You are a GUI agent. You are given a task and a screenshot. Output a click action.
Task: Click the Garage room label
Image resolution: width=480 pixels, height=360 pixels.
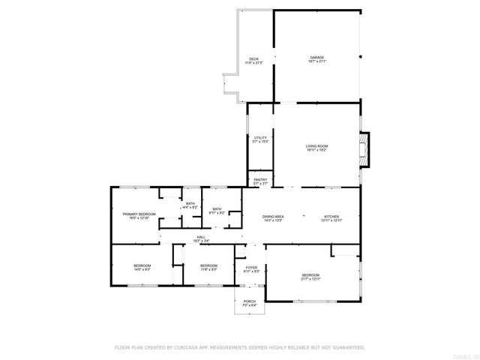(317, 57)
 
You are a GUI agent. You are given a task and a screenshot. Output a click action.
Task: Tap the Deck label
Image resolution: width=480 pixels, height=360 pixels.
(253, 59)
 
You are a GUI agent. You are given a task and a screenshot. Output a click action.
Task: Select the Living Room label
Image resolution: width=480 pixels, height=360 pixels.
(316, 145)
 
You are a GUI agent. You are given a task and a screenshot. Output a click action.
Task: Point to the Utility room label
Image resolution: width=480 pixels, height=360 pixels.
(260, 138)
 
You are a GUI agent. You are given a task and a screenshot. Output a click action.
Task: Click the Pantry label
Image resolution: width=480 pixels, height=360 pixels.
(260, 180)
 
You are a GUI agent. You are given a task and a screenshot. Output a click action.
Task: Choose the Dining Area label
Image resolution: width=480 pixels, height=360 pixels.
(272, 216)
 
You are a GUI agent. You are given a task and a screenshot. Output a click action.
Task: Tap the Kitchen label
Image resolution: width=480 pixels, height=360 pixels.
(331, 216)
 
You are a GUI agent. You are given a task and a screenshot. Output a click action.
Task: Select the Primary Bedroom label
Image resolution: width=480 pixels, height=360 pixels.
(139, 214)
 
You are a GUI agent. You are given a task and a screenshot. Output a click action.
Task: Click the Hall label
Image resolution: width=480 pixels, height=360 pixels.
(201, 237)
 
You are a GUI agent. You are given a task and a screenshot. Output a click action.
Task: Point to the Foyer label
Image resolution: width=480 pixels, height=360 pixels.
(252, 267)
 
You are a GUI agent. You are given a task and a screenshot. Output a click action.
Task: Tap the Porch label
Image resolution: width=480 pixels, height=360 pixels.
(249, 301)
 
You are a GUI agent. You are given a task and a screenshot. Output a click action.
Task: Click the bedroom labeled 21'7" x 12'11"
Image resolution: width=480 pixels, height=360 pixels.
(310, 274)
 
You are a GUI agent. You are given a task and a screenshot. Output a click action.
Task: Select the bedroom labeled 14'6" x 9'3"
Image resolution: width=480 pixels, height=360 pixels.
(142, 265)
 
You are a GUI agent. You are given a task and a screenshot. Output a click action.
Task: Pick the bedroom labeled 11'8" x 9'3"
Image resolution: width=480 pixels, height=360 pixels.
(208, 265)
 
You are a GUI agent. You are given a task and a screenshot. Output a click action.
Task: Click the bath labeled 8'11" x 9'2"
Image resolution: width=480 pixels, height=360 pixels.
(217, 209)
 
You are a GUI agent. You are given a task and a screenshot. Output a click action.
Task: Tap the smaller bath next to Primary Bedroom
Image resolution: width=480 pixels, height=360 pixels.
(190, 203)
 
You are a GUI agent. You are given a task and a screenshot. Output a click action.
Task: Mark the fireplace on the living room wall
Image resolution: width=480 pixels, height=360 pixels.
(364, 148)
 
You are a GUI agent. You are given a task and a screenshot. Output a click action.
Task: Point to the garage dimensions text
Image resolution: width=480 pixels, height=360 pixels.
(317, 61)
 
